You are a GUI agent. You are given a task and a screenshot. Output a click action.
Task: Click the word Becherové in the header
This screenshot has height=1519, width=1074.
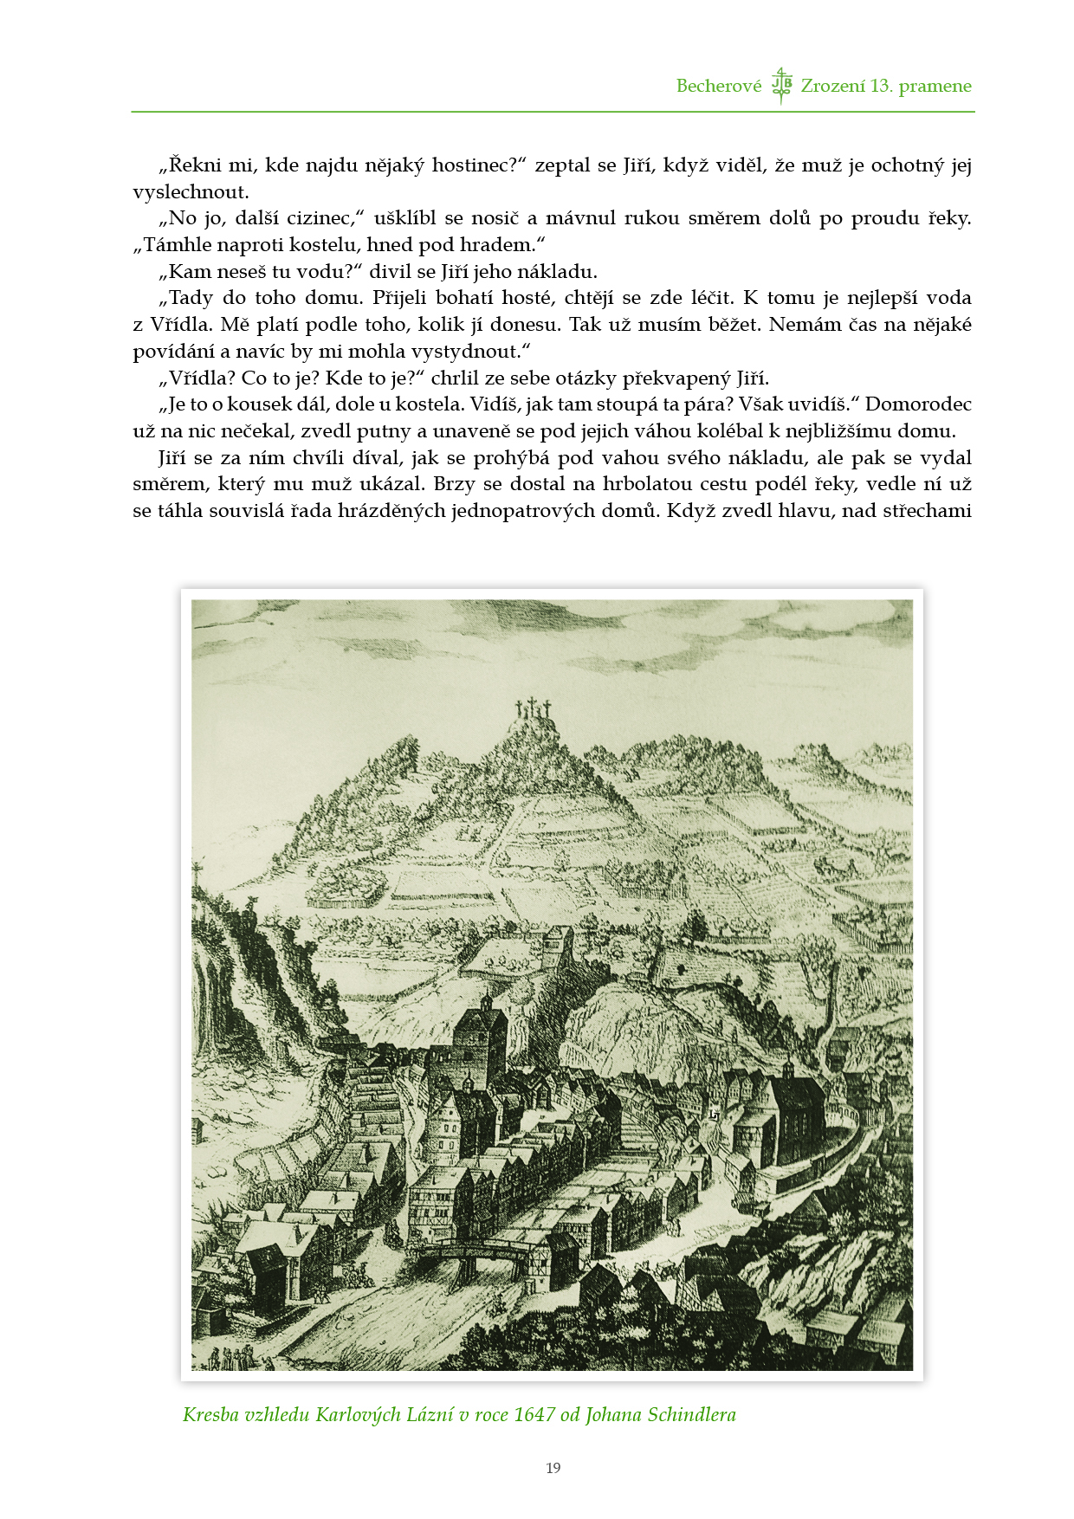pos(718,86)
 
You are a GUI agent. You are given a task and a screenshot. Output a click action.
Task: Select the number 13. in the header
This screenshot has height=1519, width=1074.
pos(881,86)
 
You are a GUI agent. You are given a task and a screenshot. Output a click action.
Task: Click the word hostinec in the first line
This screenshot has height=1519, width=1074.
pos(473,165)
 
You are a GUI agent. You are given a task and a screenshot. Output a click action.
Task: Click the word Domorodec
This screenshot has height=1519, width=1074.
pos(918,404)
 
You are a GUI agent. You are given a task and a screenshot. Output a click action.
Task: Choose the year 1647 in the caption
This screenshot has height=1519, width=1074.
pos(534,1415)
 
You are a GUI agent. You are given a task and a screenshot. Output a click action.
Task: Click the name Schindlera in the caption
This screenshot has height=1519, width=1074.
pos(692,1415)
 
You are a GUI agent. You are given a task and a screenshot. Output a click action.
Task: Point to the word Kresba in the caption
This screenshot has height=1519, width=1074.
pos(211,1415)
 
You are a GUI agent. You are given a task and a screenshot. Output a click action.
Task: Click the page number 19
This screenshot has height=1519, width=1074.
pos(553,1468)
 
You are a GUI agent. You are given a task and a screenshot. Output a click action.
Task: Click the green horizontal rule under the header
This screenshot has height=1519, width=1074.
pos(553,112)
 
